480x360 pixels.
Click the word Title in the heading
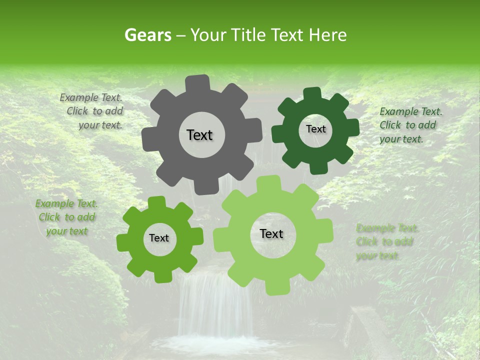tap(249, 35)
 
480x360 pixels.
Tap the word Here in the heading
tap(328, 35)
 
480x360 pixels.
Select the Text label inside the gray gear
tap(199, 135)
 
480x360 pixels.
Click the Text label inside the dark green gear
tap(315, 129)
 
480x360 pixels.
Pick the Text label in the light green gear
tap(271, 233)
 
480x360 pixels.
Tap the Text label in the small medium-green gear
tap(159, 238)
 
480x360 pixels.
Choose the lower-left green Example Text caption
tap(66, 217)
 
